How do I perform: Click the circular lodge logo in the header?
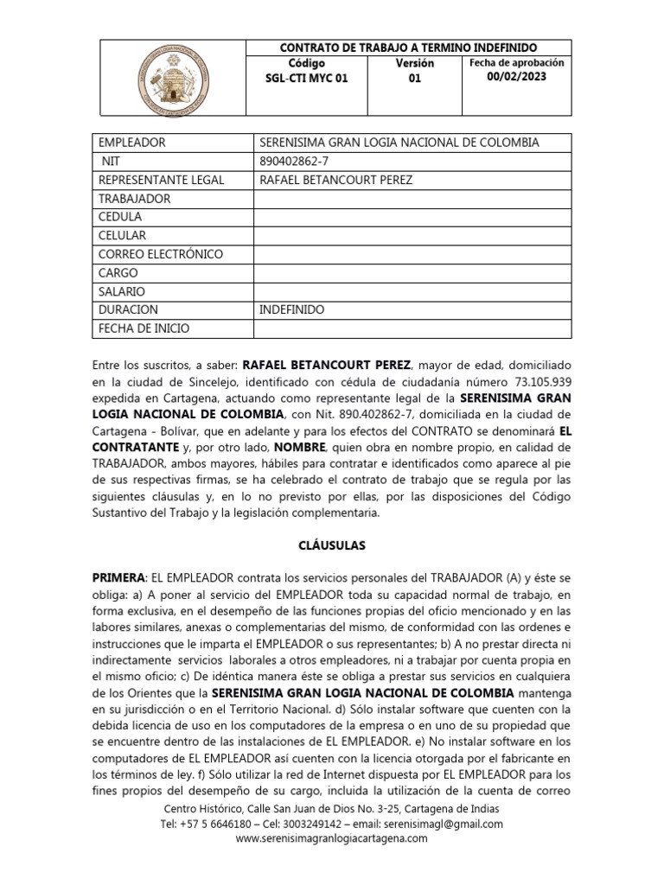(174, 78)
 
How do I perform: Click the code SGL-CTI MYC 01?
(306, 79)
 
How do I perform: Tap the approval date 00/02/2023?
(516, 77)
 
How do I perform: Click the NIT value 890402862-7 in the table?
(294, 161)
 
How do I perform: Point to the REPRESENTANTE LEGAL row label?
(162, 180)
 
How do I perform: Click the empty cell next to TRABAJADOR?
(412, 199)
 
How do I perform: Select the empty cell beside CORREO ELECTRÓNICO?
(412, 254)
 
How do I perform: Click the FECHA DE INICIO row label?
(144, 328)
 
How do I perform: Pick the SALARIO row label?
(122, 291)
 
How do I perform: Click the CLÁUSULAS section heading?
(331, 546)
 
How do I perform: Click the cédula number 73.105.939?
(537, 381)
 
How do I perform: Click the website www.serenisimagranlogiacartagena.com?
(331, 839)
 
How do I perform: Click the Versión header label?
(415, 63)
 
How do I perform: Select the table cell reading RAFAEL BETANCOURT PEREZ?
(336, 180)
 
